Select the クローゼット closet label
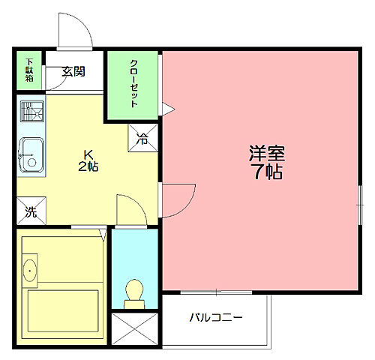coord(133,83)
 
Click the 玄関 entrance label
coord(73,72)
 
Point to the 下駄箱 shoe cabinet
coord(30,70)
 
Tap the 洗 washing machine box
coord(31,211)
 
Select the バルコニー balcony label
coord(215,317)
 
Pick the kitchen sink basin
coord(31,154)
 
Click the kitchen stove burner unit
coord(31,113)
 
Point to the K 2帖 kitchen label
coord(88,161)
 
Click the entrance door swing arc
coord(75,30)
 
